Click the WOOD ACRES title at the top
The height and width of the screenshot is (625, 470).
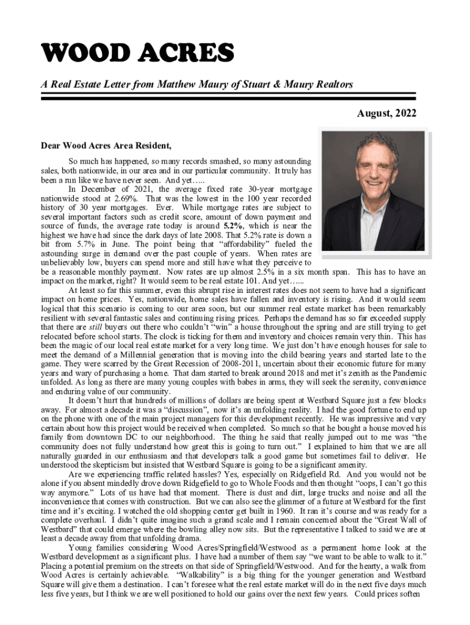(x=138, y=54)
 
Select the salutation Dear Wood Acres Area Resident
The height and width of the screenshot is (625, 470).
(x=106, y=146)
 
